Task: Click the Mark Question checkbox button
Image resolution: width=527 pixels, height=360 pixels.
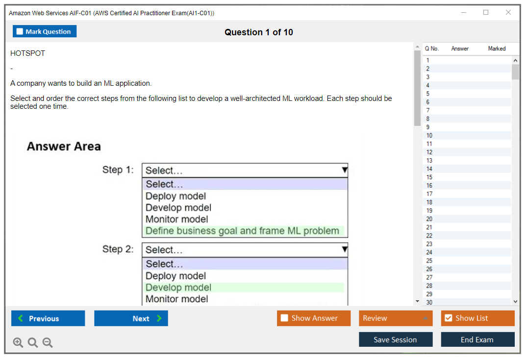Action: coord(44,31)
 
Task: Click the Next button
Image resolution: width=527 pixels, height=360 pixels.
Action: coord(131,318)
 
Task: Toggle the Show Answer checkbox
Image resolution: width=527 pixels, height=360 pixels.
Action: coord(284,318)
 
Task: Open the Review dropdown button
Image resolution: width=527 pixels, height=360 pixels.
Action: coord(396,318)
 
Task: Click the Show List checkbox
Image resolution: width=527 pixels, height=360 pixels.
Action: coord(449,318)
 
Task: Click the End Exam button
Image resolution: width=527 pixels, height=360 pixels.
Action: coord(477,339)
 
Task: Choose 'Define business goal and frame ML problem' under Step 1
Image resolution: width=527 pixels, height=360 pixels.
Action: coord(242,231)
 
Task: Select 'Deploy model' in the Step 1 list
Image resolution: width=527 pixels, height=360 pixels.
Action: coord(176,196)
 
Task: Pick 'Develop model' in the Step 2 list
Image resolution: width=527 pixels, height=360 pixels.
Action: coord(178,288)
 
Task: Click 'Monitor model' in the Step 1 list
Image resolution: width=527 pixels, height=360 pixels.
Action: coord(177,219)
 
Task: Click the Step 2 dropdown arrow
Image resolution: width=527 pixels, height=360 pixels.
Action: coord(345,249)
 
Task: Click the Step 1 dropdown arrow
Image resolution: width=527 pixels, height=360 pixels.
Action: coord(345,170)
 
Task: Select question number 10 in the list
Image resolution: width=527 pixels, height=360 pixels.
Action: coord(429,135)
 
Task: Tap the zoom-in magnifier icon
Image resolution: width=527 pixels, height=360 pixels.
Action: coord(18,342)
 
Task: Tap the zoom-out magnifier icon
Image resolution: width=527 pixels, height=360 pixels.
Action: coord(48,342)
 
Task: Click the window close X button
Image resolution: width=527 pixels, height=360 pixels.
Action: coord(508,12)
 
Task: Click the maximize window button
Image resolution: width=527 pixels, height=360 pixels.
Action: coord(486,12)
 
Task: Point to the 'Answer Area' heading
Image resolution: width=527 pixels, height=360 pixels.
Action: coord(64,146)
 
